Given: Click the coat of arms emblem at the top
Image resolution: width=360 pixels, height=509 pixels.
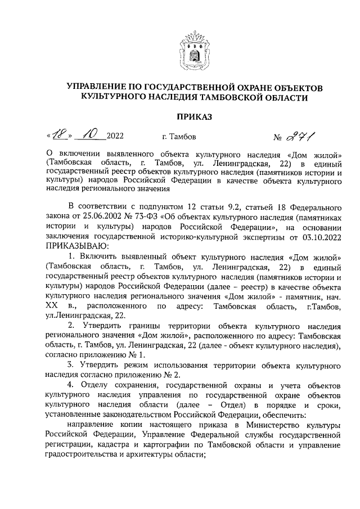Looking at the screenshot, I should coord(195,49).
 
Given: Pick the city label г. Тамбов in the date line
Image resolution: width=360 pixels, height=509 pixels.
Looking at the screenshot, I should coord(179,137).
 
